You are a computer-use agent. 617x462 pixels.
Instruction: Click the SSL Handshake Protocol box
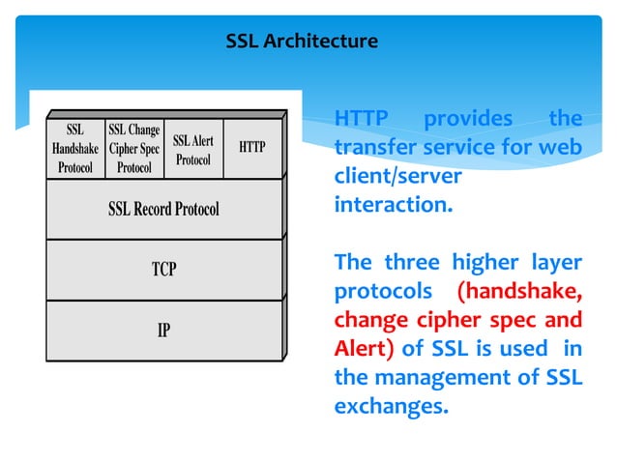(x=74, y=147)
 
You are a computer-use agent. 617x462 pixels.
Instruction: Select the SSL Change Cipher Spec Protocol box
(x=133, y=147)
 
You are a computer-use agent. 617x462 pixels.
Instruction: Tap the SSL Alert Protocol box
(x=193, y=149)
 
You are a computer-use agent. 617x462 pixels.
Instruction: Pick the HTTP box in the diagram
(x=251, y=147)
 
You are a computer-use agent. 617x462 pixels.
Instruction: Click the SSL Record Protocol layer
(x=163, y=209)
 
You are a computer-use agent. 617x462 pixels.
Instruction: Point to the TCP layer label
(x=163, y=270)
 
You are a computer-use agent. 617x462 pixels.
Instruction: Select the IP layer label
(x=163, y=331)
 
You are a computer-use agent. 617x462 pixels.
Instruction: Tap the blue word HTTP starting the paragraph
(x=361, y=119)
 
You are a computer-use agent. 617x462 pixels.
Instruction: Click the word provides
(x=469, y=119)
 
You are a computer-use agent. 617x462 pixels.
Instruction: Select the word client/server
(x=397, y=179)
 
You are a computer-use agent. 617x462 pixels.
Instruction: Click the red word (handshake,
(x=519, y=292)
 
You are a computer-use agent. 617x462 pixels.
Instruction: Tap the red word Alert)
(x=365, y=349)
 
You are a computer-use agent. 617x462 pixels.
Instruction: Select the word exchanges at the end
(x=392, y=407)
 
